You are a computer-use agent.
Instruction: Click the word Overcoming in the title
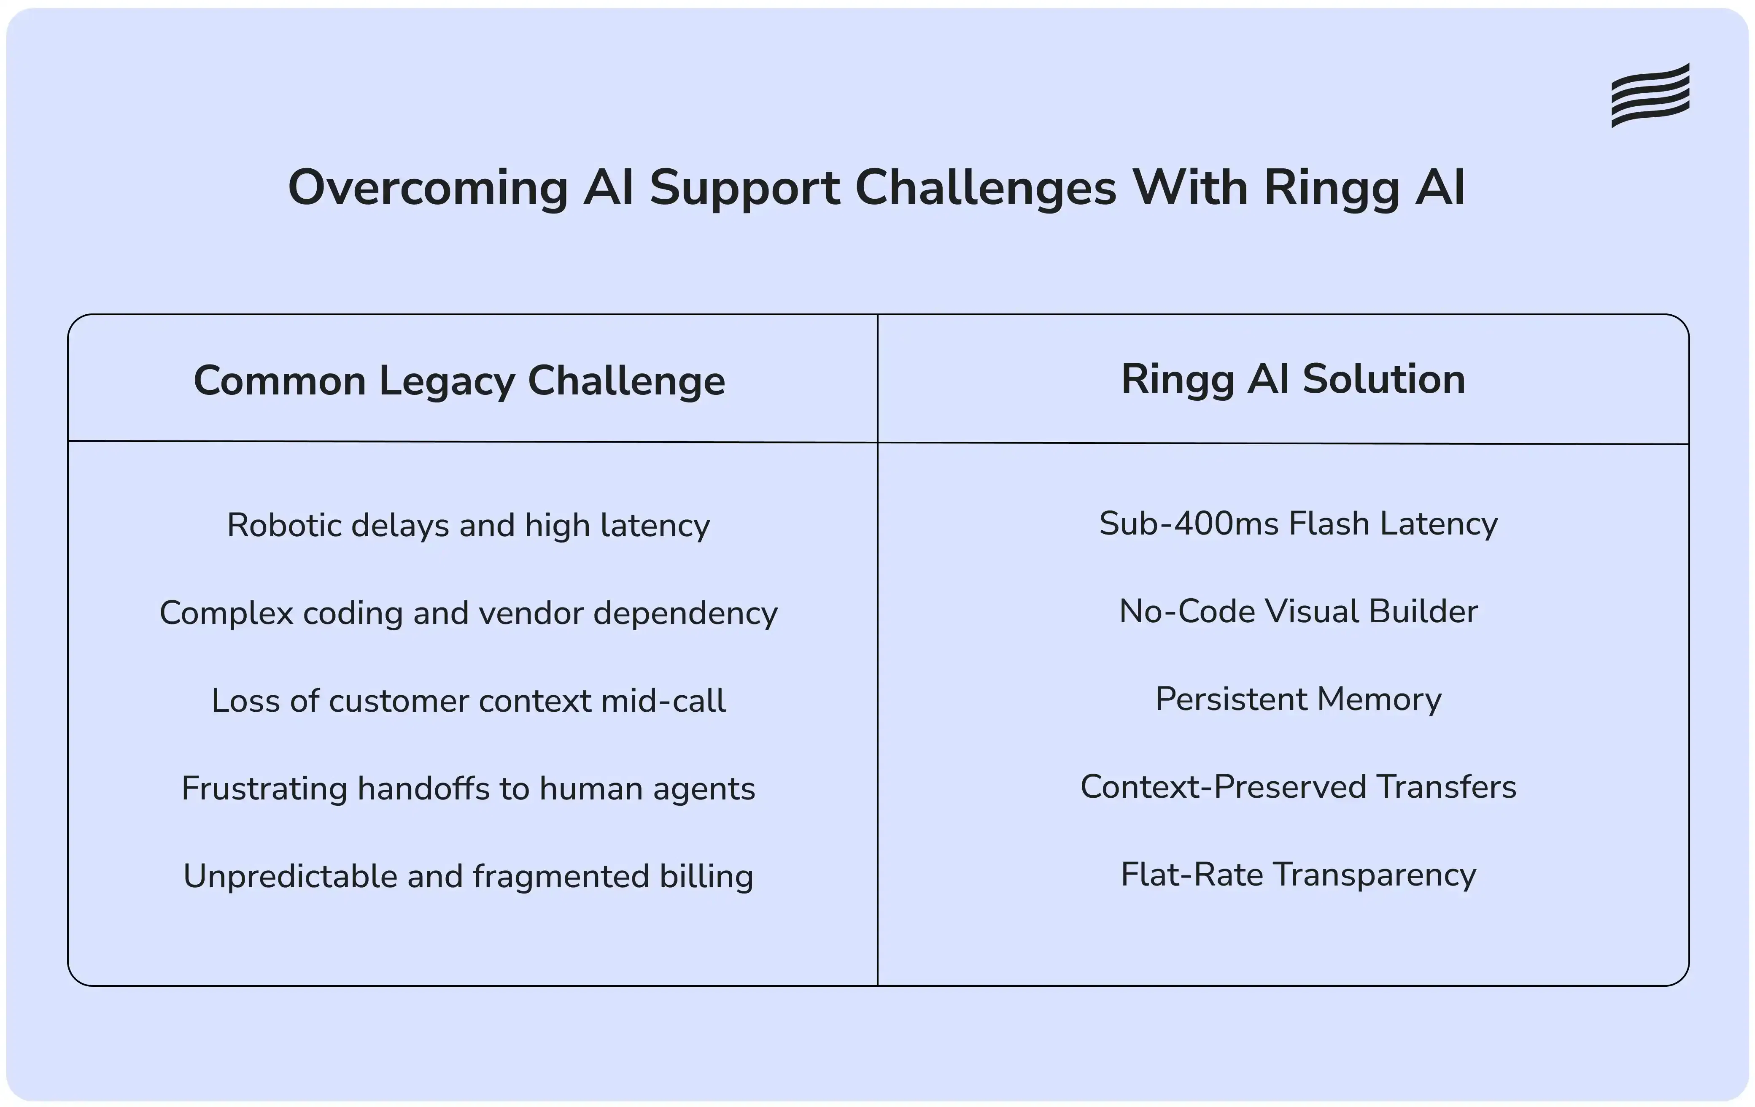(428, 189)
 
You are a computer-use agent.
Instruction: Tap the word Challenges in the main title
(985, 189)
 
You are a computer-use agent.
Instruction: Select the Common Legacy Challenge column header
(459, 381)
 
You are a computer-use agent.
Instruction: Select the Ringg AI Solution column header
(1293, 379)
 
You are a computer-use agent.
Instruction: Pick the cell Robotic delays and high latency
(468, 525)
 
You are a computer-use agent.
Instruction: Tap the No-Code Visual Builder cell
(1298, 611)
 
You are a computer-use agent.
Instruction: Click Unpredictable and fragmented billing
(468, 876)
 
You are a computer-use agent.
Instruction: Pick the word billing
(706, 876)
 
